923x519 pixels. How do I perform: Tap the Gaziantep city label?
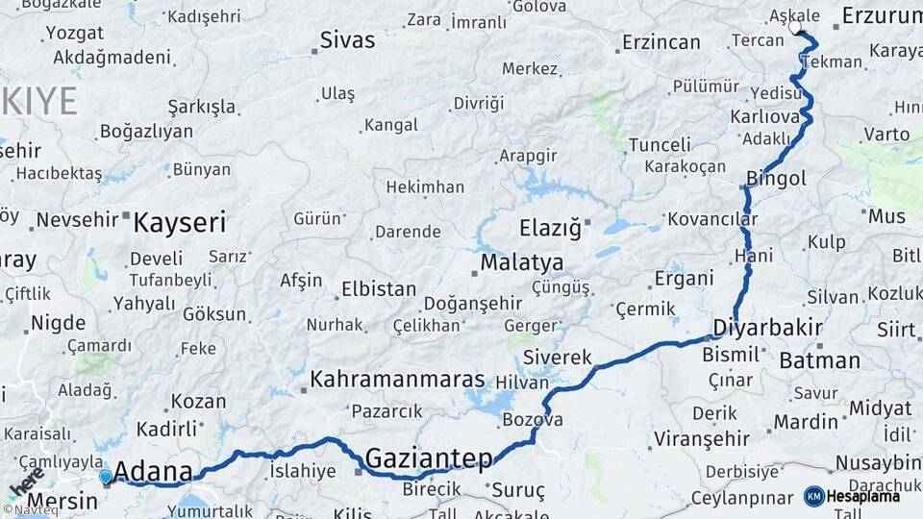(428, 457)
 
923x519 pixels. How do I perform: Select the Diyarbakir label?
(768, 329)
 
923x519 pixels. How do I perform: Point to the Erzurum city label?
(881, 15)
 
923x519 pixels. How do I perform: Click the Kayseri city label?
(180, 223)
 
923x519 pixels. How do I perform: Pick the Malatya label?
(522, 262)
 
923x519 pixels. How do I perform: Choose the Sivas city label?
(347, 40)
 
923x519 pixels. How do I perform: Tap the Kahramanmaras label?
(397, 380)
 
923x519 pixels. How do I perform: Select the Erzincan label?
(661, 42)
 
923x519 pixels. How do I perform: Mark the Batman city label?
(819, 361)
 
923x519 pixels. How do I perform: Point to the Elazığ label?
(550, 229)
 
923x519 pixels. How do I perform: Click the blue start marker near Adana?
(105, 476)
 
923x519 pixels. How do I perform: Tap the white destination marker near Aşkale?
(795, 28)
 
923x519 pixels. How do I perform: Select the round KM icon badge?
(814, 496)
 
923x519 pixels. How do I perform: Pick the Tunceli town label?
(660, 145)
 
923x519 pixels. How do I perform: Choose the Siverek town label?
(558, 358)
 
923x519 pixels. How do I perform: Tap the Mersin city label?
(62, 501)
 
